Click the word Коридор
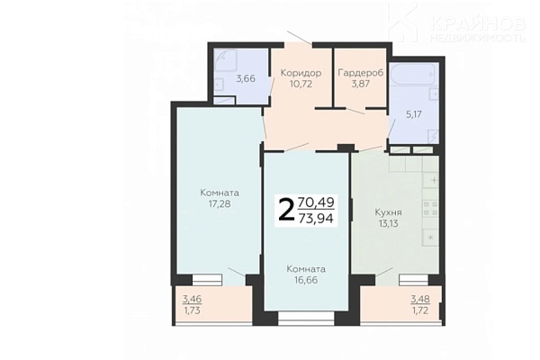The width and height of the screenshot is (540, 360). [301, 73]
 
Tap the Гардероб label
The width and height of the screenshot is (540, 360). [361, 73]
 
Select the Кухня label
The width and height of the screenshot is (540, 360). [389, 212]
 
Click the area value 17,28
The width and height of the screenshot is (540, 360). [220, 204]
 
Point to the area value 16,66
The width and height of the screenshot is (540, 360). [306, 280]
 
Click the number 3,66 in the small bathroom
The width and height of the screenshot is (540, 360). [246, 78]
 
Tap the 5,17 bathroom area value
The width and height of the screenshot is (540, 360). [414, 114]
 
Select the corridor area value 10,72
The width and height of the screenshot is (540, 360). [301, 84]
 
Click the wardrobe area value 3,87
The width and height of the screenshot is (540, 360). [360, 84]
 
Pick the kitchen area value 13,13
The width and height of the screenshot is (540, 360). [389, 223]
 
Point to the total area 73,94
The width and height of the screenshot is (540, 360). [316, 218]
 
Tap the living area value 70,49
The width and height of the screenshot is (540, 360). [316, 202]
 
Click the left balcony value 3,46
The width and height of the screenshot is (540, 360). [192, 299]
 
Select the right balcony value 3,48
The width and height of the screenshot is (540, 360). [420, 299]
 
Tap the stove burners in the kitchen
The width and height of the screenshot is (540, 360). [430, 209]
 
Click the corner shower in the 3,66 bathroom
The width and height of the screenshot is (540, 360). [225, 63]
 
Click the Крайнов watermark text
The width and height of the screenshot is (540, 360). [478, 23]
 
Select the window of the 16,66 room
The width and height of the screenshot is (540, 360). [306, 319]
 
